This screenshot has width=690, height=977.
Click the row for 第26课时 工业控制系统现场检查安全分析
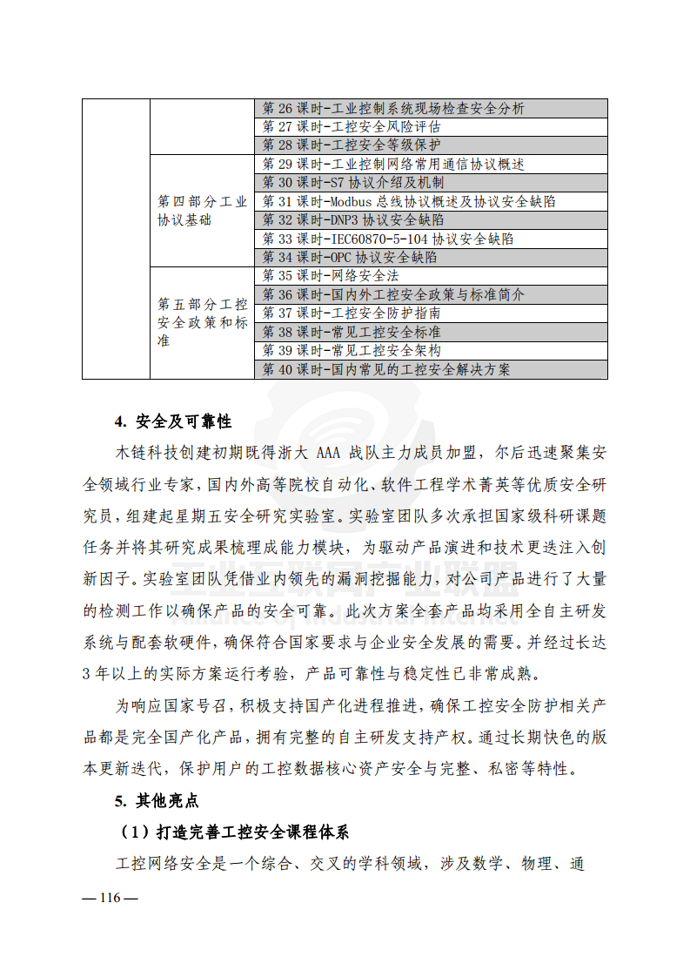click(x=393, y=109)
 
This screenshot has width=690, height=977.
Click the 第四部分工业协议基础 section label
click(x=202, y=211)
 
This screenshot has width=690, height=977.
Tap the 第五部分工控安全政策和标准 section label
click(x=202, y=323)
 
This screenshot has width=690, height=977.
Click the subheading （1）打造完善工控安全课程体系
click(x=233, y=832)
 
